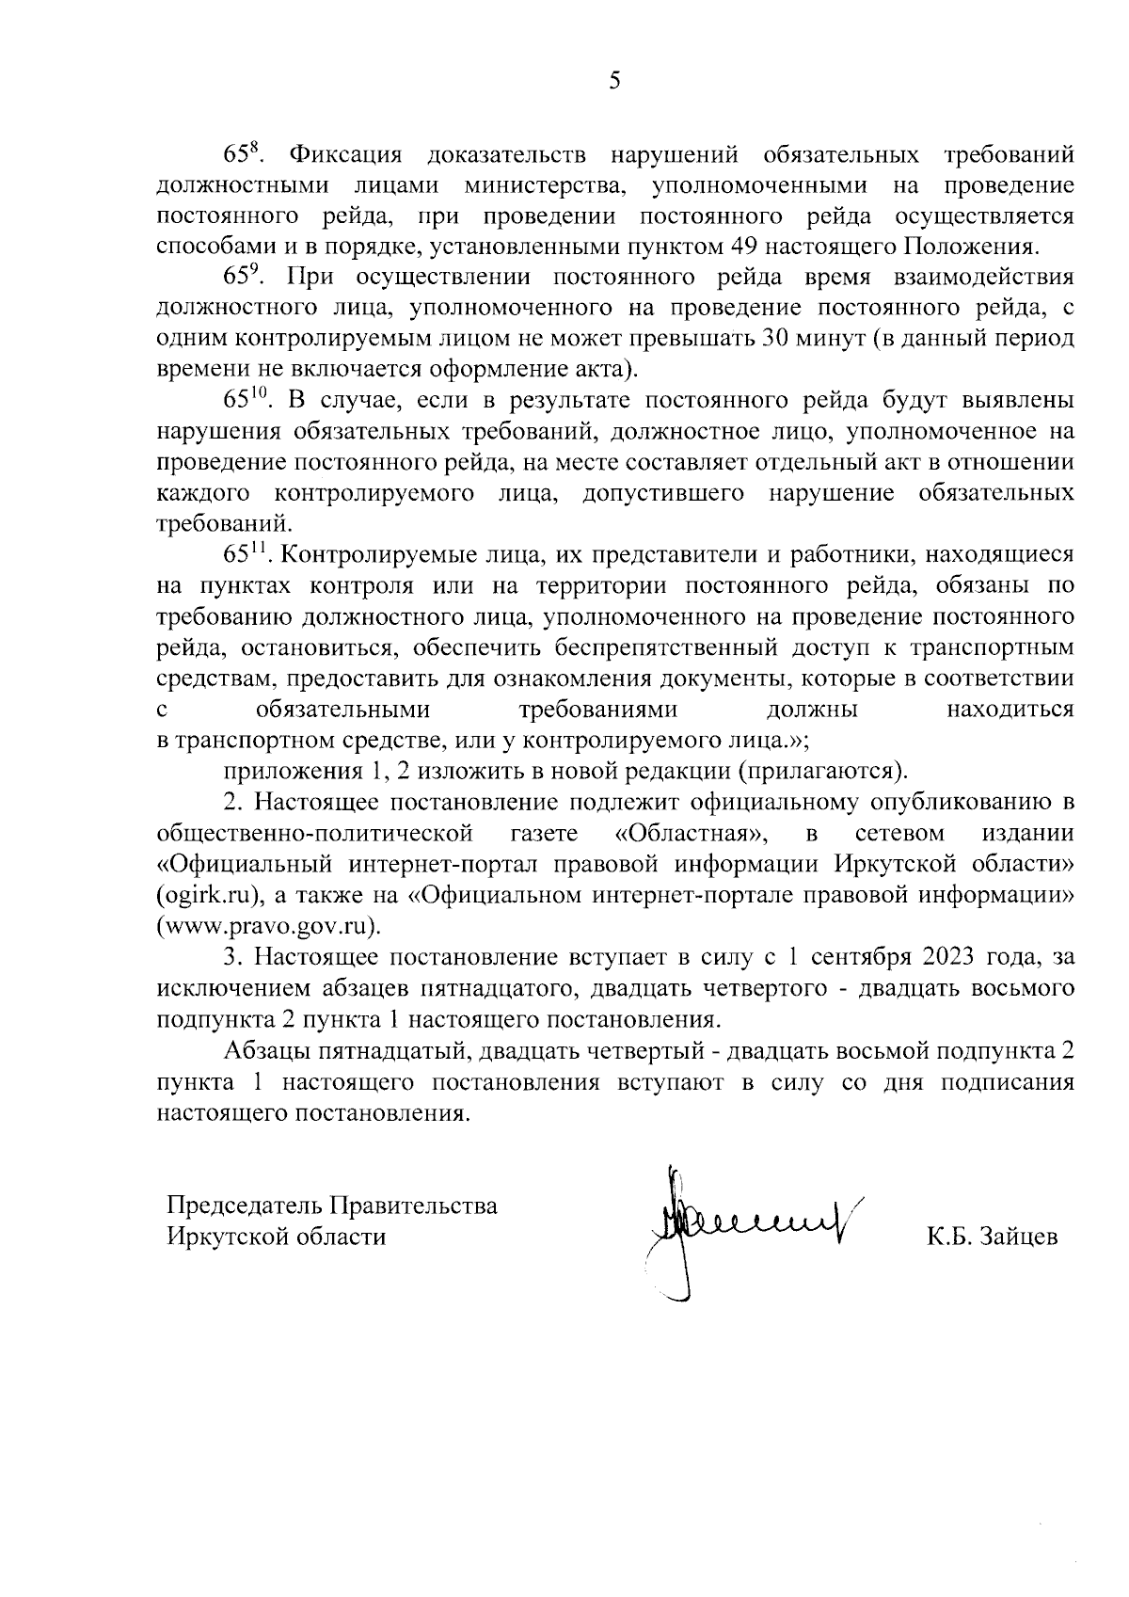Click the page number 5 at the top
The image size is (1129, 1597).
(x=614, y=81)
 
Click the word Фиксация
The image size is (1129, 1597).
(x=345, y=154)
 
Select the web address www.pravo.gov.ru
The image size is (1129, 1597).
(x=269, y=926)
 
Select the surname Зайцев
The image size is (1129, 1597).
(x=1019, y=1237)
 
